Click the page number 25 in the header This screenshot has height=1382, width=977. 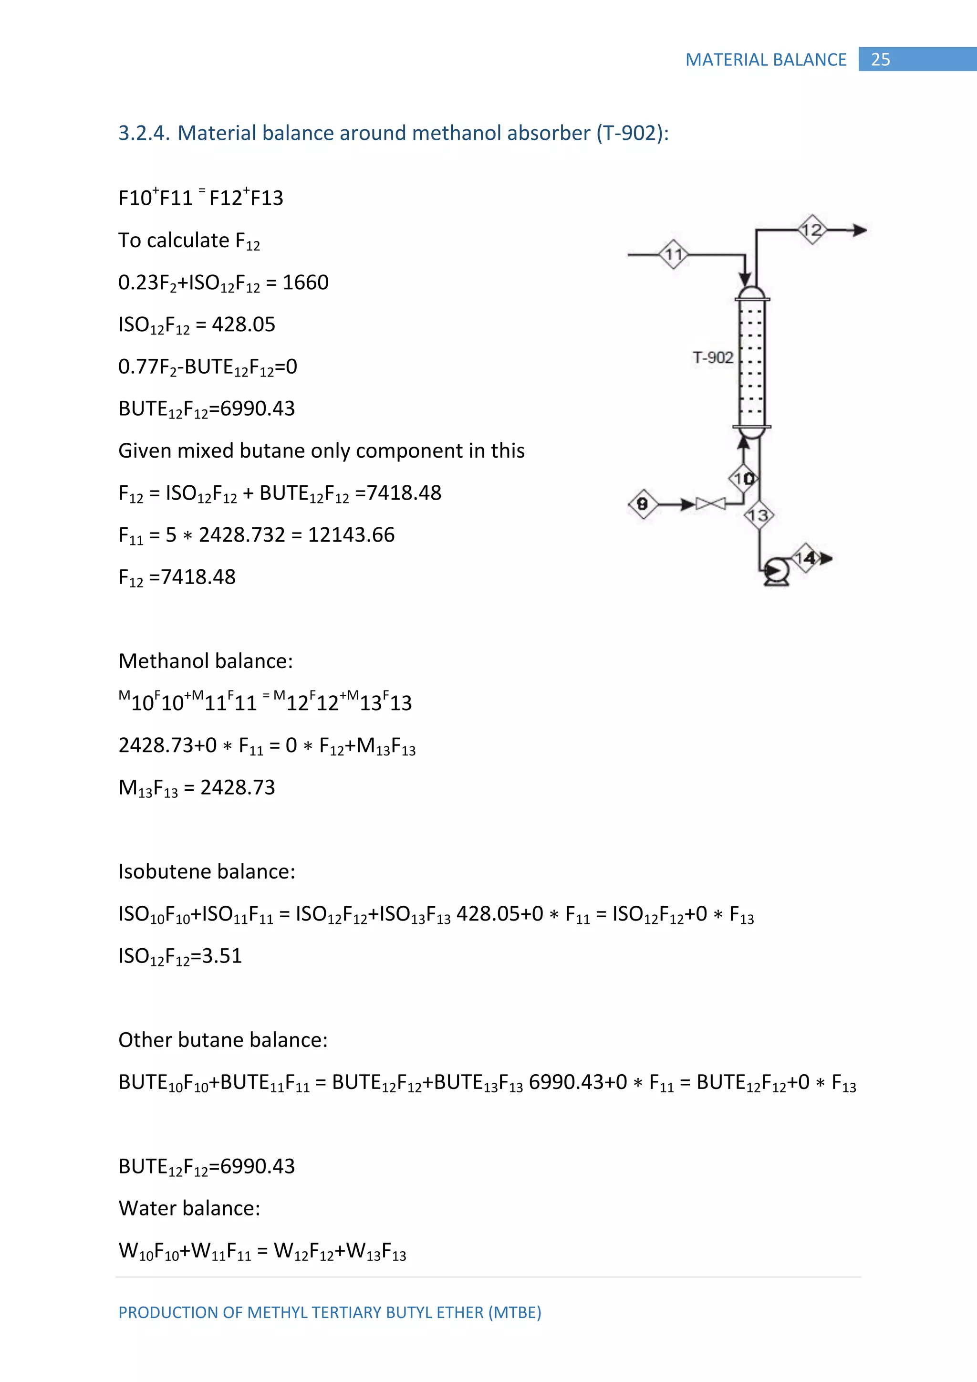click(x=880, y=60)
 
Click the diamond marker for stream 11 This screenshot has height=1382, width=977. click(x=674, y=255)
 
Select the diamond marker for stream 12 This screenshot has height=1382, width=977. click(x=812, y=230)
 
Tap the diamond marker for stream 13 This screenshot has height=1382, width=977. click(x=759, y=515)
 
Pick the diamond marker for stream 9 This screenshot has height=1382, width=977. click(x=643, y=504)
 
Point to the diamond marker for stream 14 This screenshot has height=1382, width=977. click(x=805, y=558)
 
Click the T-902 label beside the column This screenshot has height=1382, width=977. click(x=713, y=357)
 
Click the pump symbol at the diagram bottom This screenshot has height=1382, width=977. click(x=777, y=571)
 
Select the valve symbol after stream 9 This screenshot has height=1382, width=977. click(x=710, y=503)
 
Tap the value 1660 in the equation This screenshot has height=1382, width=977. click(x=306, y=283)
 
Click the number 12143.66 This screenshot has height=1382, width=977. click(x=351, y=534)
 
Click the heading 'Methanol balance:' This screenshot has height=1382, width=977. click(x=206, y=661)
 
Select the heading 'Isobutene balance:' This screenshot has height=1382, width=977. click(x=207, y=871)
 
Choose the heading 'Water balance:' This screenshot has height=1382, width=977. click(x=189, y=1208)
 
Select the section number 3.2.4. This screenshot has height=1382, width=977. click(x=144, y=133)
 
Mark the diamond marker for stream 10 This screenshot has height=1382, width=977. click(x=744, y=479)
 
